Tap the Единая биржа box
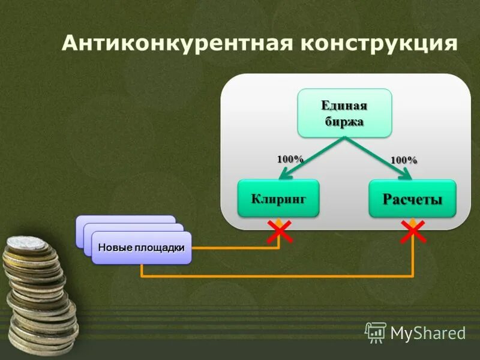pyautogui.click(x=344, y=113)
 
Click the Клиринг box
pyautogui.click(x=278, y=197)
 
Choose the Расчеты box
pyautogui.click(x=412, y=199)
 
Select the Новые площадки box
pyautogui.click(x=142, y=248)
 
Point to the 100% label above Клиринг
pyautogui.click(x=290, y=159)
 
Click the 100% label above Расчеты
pyautogui.click(x=404, y=160)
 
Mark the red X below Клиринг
pyautogui.click(x=279, y=231)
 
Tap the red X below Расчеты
pyautogui.click(x=413, y=231)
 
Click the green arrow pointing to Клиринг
pyautogui.click(x=312, y=157)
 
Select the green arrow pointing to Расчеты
pyautogui.click(x=378, y=157)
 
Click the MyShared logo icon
pyautogui.click(x=376, y=332)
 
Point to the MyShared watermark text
pyautogui.click(x=428, y=332)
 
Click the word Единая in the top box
pyautogui.click(x=344, y=106)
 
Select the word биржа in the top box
pyautogui.click(x=344, y=121)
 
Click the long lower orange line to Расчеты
pyautogui.click(x=276, y=276)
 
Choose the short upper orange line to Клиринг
pyautogui.click(x=234, y=247)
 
